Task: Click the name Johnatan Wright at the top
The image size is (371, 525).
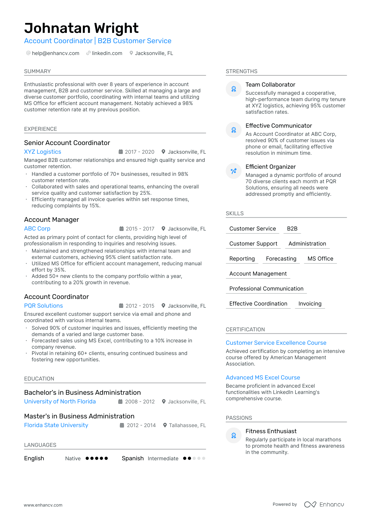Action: [81, 28]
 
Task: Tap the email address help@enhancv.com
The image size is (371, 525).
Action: [56, 53]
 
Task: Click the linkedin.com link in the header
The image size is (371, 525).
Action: [107, 53]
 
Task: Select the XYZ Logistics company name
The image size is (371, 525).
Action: [43, 152]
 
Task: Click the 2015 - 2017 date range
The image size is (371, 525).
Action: [140, 229]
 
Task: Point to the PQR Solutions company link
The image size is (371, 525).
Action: [43, 306]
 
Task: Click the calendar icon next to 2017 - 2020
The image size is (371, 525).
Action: [121, 152]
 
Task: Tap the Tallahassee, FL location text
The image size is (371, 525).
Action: [187, 425]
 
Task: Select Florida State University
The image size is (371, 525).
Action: [56, 425]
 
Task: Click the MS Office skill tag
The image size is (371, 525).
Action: [320, 259]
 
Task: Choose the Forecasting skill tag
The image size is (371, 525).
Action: [281, 259]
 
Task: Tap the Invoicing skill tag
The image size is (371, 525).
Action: [310, 304]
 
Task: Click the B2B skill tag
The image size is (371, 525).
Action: [292, 229]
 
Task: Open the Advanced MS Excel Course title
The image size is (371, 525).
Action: [263, 378]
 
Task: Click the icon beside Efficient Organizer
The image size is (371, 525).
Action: [234, 171]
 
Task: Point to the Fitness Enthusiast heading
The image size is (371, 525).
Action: [271, 431]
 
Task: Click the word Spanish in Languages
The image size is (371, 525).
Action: [133, 458]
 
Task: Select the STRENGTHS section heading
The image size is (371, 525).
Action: [242, 71]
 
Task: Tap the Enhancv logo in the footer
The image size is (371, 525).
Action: [324, 504]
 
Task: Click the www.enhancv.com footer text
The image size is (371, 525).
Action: [43, 505]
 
